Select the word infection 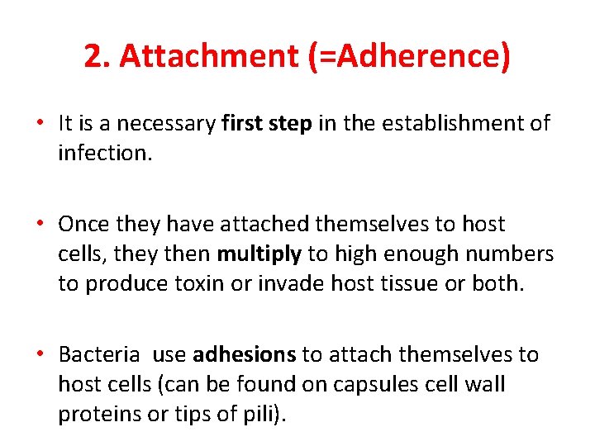tap(105, 154)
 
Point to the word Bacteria tap(99, 355)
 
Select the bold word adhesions tap(244, 355)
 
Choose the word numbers tap(512, 254)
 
